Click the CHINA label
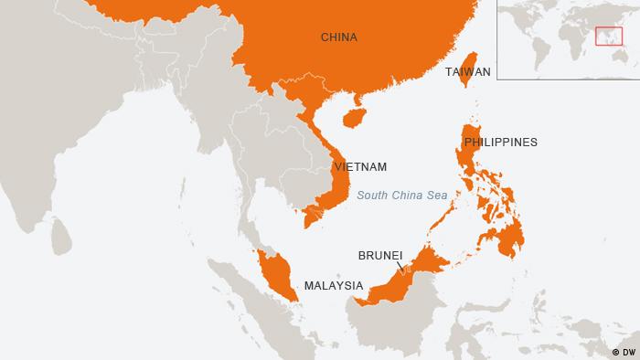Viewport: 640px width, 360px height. (338, 37)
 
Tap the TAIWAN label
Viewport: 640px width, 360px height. (468, 71)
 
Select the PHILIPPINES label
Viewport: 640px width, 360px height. (500, 143)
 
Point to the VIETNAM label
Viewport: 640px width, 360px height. (360, 167)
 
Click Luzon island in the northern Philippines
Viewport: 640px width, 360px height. (472, 155)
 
